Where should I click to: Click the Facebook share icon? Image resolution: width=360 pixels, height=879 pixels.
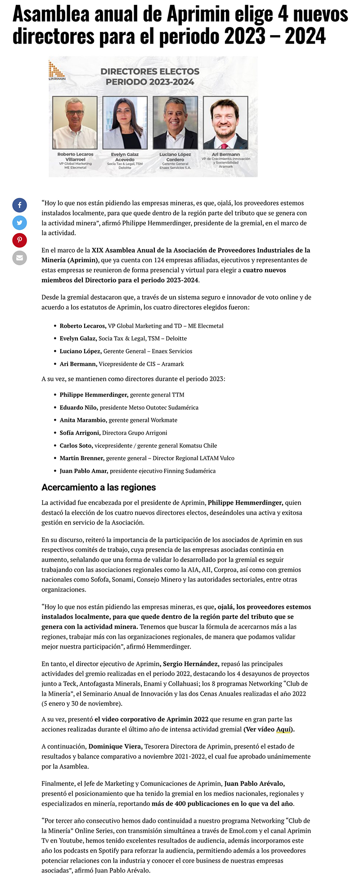(x=19, y=205)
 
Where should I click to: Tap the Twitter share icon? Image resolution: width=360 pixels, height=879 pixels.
(x=19, y=222)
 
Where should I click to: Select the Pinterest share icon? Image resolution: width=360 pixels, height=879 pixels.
(x=19, y=240)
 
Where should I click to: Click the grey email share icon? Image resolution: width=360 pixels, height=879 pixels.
(x=19, y=258)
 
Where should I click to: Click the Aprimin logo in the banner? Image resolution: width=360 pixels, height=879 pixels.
(x=57, y=71)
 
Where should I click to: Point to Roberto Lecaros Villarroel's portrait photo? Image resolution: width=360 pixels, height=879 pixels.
(x=75, y=122)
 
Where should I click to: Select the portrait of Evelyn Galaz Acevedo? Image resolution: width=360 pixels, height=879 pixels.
(x=125, y=122)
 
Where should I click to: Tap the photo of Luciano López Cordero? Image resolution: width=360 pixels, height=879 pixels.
(x=175, y=122)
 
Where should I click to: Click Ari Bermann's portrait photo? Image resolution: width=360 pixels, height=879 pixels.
(x=225, y=122)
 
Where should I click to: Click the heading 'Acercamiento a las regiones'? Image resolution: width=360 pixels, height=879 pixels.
(x=99, y=487)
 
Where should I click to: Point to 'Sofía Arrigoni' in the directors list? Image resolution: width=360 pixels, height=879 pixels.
(x=80, y=433)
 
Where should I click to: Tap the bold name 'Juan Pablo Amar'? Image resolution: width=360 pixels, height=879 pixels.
(x=84, y=471)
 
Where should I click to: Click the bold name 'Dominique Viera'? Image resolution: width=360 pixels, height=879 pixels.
(x=116, y=746)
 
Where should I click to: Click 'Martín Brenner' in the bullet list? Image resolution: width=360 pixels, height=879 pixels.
(x=82, y=458)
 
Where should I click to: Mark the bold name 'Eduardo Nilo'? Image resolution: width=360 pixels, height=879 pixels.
(x=78, y=408)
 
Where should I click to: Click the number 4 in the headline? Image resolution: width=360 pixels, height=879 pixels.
(x=283, y=15)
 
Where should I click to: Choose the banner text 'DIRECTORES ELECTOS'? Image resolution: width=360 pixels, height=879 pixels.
(x=150, y=72)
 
